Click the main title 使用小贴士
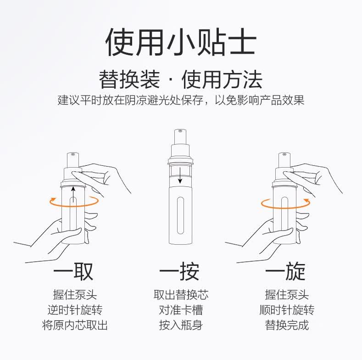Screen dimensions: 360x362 pyautogui.click(x=181, y=42)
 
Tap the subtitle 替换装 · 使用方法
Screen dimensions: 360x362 pyautogui.click(x=181, y=79)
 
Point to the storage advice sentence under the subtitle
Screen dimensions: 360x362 pyautogui.click(x=181, y=100)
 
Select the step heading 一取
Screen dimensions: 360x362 pyautogui.click(x=73, y=271)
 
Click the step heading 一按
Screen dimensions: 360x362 pyautogui.click(x=179, y=271)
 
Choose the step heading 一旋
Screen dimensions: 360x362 pyautogui.click(x=285, y=271)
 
